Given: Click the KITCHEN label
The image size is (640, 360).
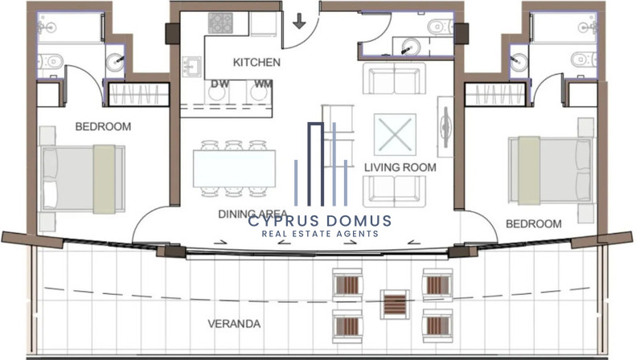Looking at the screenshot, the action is tap(256, 63).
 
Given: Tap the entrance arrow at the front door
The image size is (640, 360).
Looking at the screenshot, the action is tap(299, 21).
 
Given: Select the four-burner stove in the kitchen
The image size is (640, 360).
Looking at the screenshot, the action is tap(220, 22).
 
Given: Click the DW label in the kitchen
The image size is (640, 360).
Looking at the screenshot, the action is tap(219, 84).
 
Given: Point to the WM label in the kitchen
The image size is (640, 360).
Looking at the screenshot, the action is tap(263, 84).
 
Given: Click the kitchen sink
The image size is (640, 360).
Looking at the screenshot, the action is tap(191, 67).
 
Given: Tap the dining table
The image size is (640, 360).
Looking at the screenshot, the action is tap(234, 169).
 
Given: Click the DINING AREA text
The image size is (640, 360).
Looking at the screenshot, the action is tap(252, 214).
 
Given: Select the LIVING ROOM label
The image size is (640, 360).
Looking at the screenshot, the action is tap(400, 167).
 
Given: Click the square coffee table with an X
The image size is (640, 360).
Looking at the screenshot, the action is tap(395, 135).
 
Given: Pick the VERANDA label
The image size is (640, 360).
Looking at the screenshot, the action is tap(234, 324).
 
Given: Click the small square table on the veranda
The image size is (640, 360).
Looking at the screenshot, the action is tap(394, 305).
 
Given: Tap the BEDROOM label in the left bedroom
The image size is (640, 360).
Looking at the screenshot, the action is tap(103, 126).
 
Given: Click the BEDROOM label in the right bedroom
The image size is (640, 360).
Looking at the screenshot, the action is tap(534, 223).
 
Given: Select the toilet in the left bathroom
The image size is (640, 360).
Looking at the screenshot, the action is tap(51, 62).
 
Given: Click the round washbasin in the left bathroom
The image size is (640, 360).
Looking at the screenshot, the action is tap(115, 62).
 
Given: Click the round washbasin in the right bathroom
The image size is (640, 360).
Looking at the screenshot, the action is tap(519, 63).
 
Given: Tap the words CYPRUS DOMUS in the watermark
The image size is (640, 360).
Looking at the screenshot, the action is tap(319, 221).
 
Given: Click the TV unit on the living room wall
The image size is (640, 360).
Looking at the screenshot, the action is tap(445, 126).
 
